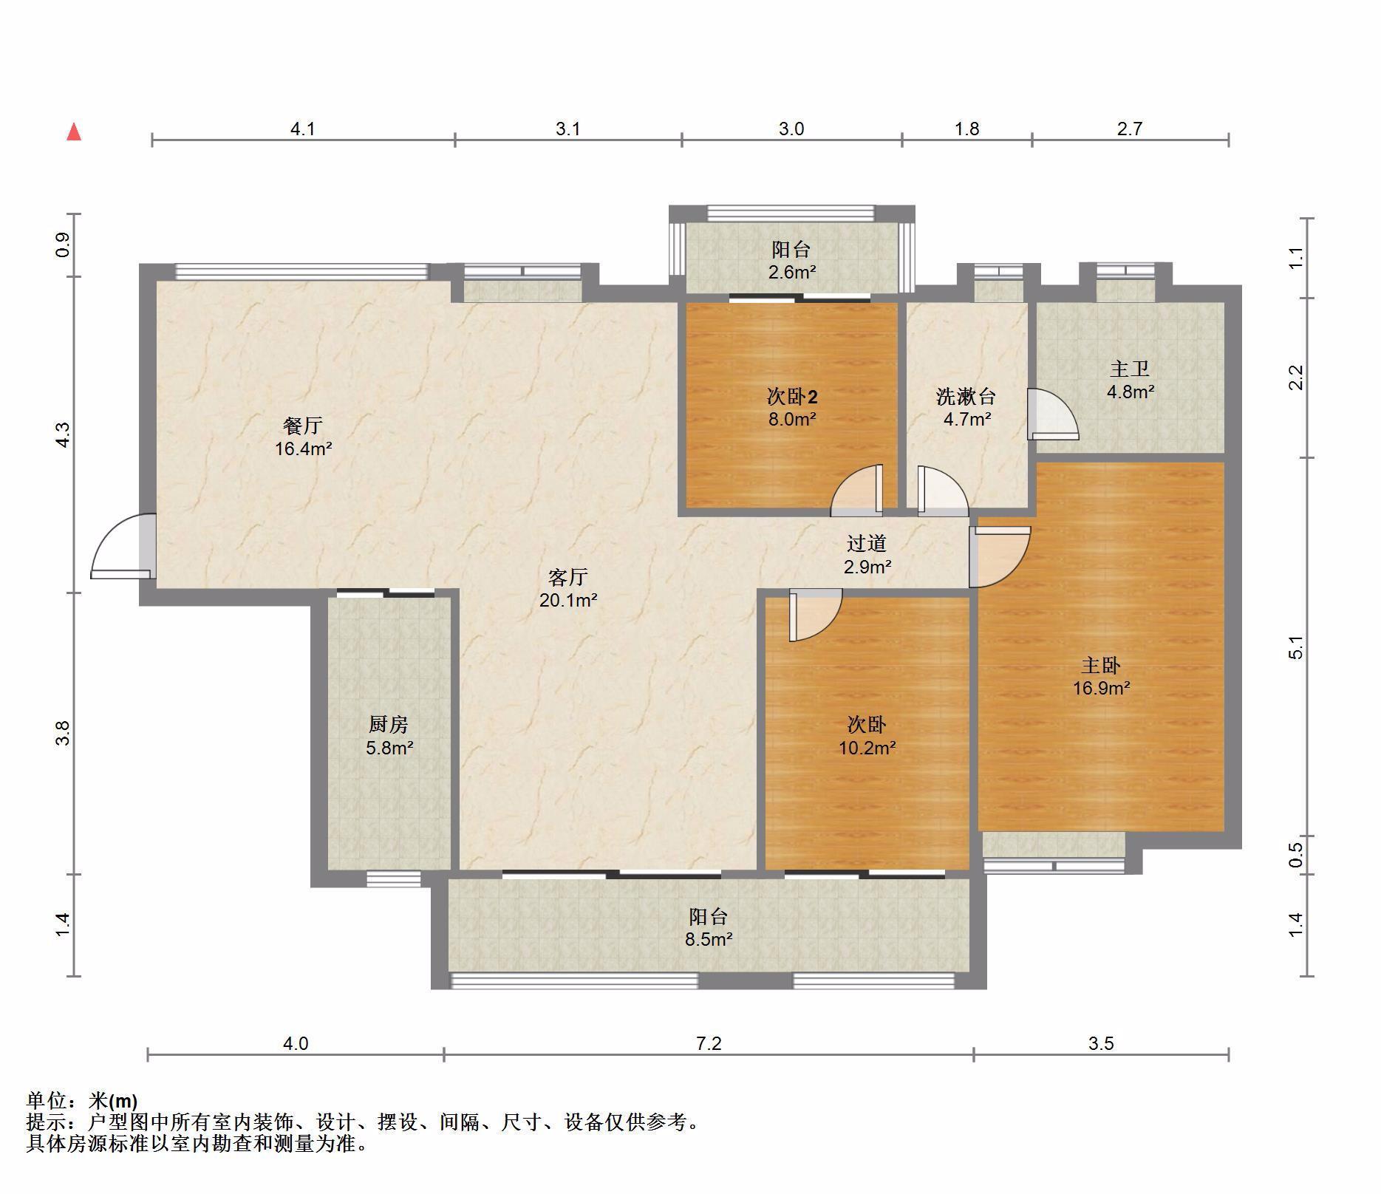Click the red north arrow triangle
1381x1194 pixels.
click(74, 132)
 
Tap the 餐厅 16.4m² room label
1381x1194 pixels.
click(303, 437)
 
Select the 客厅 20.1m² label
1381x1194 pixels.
click(568, 588)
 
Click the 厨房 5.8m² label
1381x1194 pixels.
click(389, 736)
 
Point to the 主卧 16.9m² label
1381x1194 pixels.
click(1101, 677)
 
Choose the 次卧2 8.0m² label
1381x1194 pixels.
click(791, 408)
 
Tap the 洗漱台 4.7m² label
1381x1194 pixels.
click(966, 408)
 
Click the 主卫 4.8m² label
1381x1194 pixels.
click(1130, 380)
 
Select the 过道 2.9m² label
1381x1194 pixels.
click(867, 555)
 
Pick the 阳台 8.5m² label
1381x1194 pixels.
click(709, 928)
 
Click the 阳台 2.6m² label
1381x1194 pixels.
click(791, 260)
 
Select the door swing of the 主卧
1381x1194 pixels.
click(999, 556)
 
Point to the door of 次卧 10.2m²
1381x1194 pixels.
click(815, 615)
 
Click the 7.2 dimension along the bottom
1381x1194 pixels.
click(708, 1043)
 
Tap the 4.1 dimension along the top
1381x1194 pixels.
click(302, 129)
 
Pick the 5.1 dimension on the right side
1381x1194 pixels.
click(1296, 648)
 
